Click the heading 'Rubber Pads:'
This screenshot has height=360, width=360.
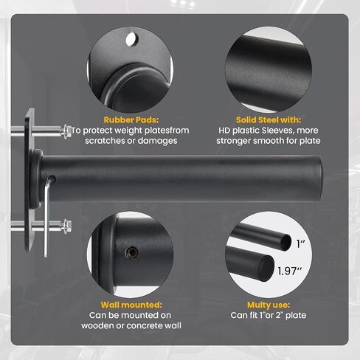coord(131,120)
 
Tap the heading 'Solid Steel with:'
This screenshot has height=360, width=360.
coord(269,120)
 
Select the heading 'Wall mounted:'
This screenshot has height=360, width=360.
coord(131,305)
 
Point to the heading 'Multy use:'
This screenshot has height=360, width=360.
coord(269,305)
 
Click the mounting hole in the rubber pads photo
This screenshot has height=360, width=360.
coord(132,39)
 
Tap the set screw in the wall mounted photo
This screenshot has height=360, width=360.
coord(131,252)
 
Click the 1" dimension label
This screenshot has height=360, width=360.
coord(301,243)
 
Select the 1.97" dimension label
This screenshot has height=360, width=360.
coord(290,271)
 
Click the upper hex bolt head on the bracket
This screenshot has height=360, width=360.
coord(67,132)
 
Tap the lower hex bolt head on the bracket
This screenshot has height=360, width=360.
coord(67,226)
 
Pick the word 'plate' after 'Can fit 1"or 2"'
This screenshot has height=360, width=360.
coord(297,316)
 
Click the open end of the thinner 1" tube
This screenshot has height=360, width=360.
coord(285,241)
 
